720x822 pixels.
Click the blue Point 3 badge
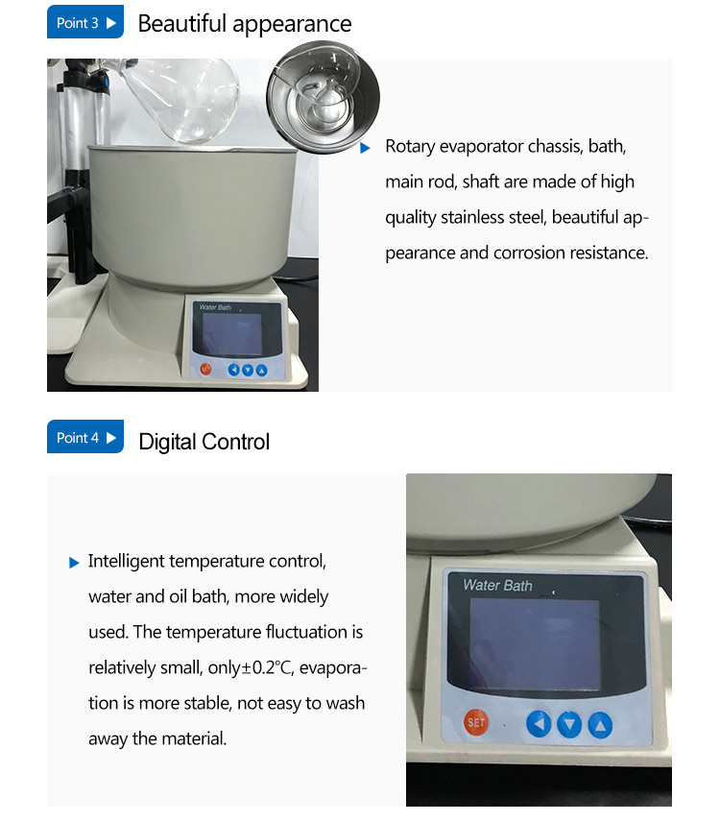click(x=84, y=23)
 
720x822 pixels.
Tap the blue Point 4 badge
click(x=84, y=438)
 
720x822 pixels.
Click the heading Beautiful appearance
click(x=245, y=24)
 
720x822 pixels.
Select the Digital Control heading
click(x=204, y=442)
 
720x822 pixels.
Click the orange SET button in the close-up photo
click(x=476, y=721)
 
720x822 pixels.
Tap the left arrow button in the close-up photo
click(x=539, y=723)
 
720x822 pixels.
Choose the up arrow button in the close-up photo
click(x=599, y=723)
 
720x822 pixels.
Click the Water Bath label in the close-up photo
click(x=497, y=585)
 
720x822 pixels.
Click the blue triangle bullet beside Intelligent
click(x=74, y=563)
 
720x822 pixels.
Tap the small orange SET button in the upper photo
click(x=205, y=369)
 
